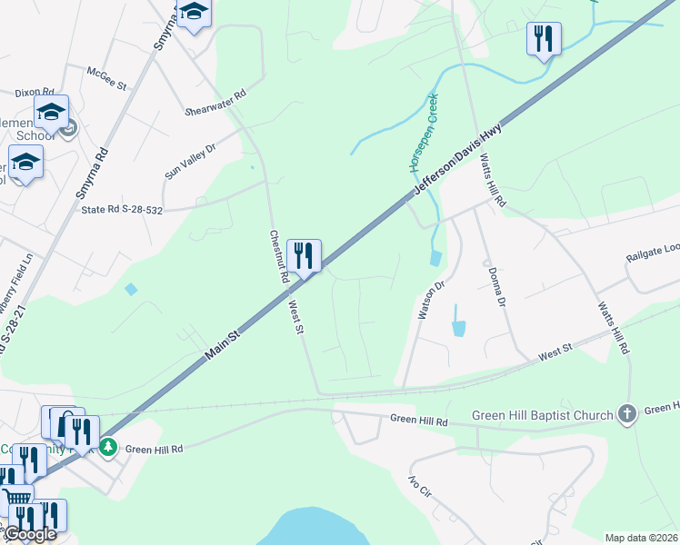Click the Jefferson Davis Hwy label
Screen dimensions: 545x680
[x=458, y=157]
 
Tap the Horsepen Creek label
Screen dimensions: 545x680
[x=422, y=133]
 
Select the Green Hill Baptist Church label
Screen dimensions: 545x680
[x=543, y=415]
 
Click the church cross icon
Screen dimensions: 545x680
[x=626, y=414]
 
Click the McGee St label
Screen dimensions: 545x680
[x=106, y=75]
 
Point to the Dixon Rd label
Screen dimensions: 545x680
[x=33, y=92]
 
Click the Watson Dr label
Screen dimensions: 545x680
[x=429, y=299]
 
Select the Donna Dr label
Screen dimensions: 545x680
[x=495, y=287]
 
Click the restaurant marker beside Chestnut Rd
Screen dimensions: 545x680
[x=304, y=255]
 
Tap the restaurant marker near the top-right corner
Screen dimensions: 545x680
[x=544, y=38]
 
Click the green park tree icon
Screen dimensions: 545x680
[x=108, y=447]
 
